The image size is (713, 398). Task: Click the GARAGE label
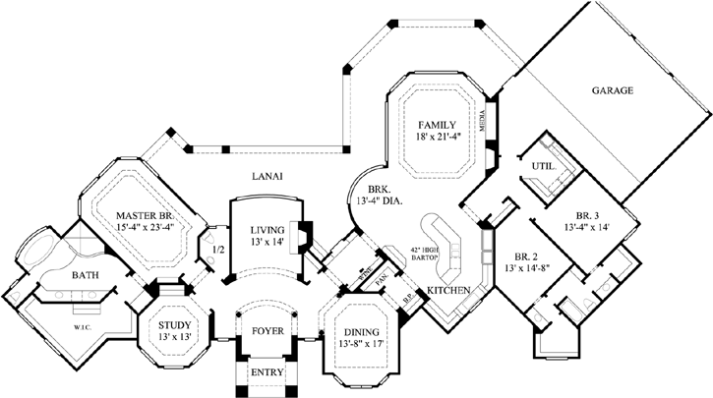pos(612,90)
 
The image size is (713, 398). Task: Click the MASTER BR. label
pos(144,215)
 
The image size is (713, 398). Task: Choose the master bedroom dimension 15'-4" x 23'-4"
pos(144,230)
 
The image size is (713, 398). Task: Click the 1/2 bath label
pos(217,250)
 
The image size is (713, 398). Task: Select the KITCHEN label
pos(446,292)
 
